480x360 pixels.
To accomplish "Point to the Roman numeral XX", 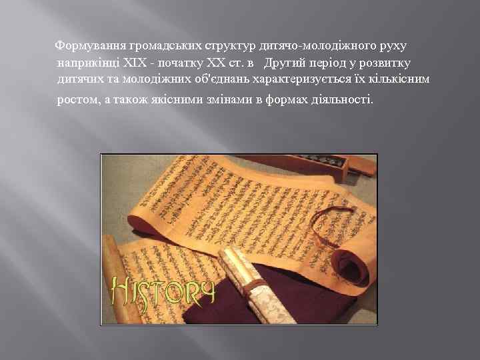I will tap(209, 63).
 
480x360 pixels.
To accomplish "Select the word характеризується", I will tap(313, 80).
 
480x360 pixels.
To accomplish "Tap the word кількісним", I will tap(401, 80).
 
